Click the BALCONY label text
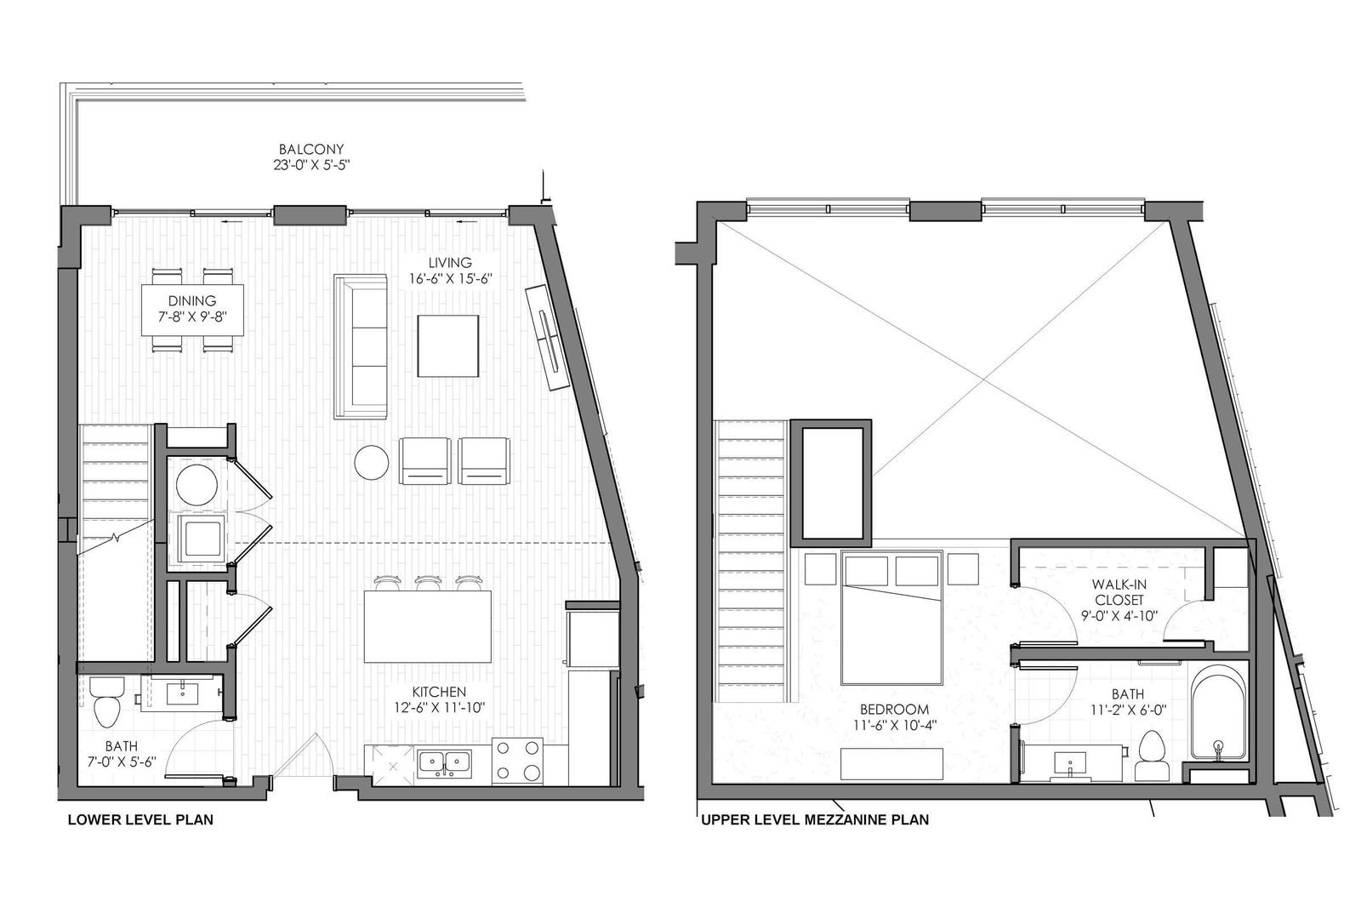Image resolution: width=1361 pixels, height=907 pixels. tap(311, 149)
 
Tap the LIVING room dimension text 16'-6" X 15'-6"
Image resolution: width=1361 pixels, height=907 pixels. tap(450, 279)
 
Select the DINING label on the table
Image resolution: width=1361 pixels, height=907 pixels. tap(192, 300)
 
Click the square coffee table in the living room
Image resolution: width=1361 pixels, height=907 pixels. tap(447, 346)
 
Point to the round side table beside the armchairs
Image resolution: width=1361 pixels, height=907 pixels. tap(372, 463)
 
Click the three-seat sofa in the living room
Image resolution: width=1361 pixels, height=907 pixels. tap(361, 346)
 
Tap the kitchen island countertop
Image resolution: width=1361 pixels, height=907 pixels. tap(428, 626)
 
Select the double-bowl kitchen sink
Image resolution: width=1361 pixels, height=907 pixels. tap(444, 763)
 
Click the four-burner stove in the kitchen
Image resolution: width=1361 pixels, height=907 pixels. tap(517, 759)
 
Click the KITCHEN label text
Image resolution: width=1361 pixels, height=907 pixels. tap(439, 692)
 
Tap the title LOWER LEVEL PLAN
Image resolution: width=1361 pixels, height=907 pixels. tap(140, 819)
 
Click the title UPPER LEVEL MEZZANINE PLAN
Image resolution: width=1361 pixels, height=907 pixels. tap(815, 819)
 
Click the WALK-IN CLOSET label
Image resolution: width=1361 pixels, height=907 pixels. tap(1119, 592)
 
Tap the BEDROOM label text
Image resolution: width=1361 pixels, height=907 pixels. tap(894, 710)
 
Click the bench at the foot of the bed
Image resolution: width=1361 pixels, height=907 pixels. tap(892, 764)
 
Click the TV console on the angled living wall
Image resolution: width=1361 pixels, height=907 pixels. tap(548, 337)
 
